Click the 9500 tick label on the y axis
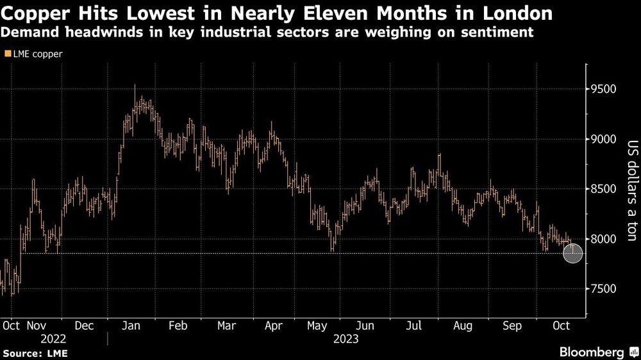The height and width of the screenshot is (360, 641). click(604, 89)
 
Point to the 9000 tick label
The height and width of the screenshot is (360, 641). click(604, 139)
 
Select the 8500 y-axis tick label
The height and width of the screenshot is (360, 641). click(604, 189)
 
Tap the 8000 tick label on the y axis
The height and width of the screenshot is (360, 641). click(604, 239)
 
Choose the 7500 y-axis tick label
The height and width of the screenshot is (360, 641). click(604, 289)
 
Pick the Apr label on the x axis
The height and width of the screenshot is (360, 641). click(274, 325)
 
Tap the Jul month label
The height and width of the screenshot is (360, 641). click(414, 325)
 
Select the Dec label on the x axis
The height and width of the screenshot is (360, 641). click(85, 325)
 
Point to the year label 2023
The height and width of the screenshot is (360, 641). click(345, 339)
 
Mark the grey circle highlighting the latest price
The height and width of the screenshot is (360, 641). click(572, 253)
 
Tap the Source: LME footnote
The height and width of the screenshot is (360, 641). click(35, 353)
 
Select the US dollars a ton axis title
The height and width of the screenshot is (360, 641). click(631, 190)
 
